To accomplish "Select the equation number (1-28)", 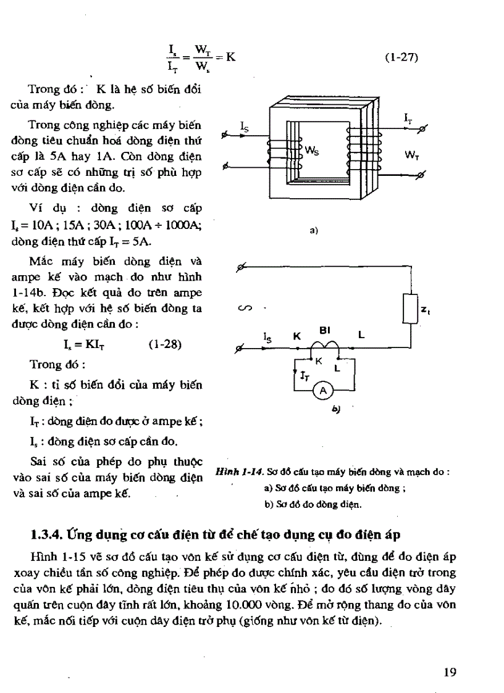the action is point(165,344).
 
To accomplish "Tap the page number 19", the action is point(450,672).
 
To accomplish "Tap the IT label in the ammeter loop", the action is point(304,375).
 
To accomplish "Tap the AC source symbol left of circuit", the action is point(242,307).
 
